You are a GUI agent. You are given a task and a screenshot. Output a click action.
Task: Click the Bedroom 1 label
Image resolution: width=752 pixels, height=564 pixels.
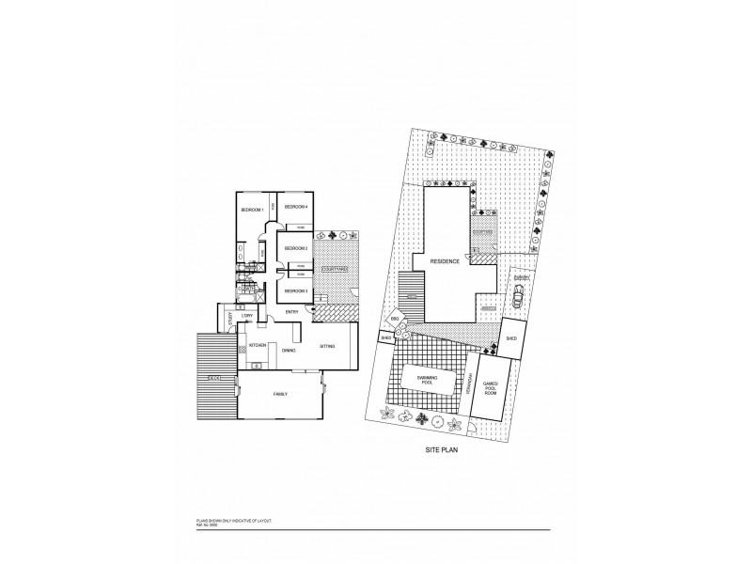tap(250, 209)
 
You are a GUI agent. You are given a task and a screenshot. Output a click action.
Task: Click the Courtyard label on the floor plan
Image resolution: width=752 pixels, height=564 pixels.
tap(335, 270)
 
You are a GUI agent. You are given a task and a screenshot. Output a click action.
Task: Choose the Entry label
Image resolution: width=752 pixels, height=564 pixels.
tap(292, 311)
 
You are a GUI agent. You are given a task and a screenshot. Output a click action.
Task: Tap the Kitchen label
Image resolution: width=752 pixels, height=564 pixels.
tap(258, 345)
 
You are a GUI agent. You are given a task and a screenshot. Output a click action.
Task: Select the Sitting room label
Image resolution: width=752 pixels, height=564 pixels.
tap(327, 345)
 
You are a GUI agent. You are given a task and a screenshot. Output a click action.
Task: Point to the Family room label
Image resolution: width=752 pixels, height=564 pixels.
tap(280, 393)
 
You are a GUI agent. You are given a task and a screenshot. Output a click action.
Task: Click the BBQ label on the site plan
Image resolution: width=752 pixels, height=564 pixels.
tap(396, 321)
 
